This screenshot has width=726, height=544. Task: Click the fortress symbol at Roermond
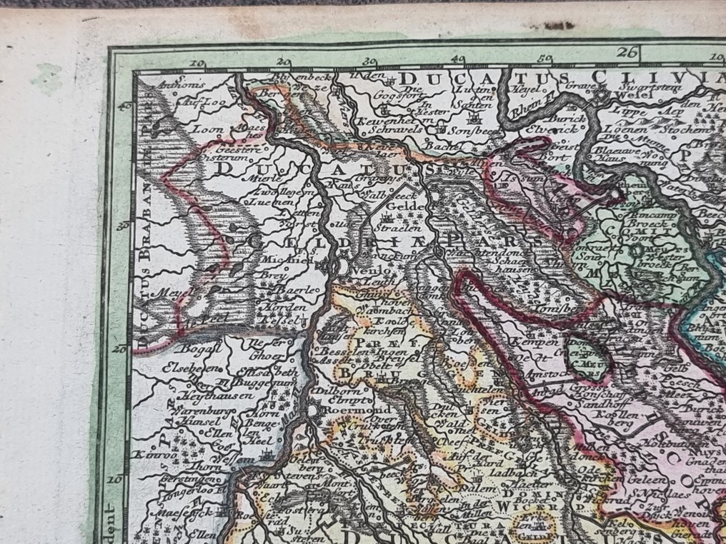click(316, 411)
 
